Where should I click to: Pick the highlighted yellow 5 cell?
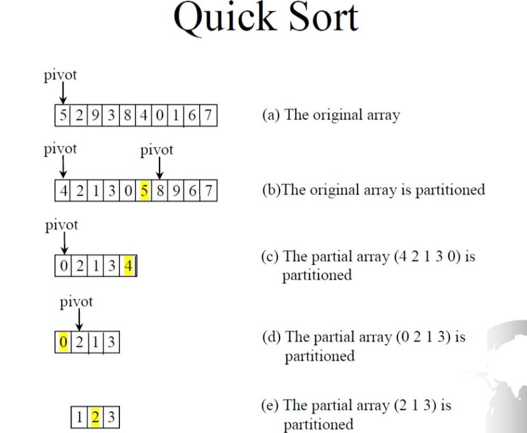tap(144, 190)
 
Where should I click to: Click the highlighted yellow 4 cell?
tap(129, 266)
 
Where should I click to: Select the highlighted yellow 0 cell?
tap(63, 343)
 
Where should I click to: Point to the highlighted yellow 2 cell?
tap(96, 416)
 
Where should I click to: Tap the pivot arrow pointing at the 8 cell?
tap(160, 168)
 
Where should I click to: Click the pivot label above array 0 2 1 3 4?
tap(61, 225)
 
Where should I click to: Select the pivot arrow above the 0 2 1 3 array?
tap(80, 320)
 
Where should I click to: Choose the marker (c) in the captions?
tap(270, 256)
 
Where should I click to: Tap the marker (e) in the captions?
tap(270, 405)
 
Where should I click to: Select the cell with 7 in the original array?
tap(208, 115)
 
